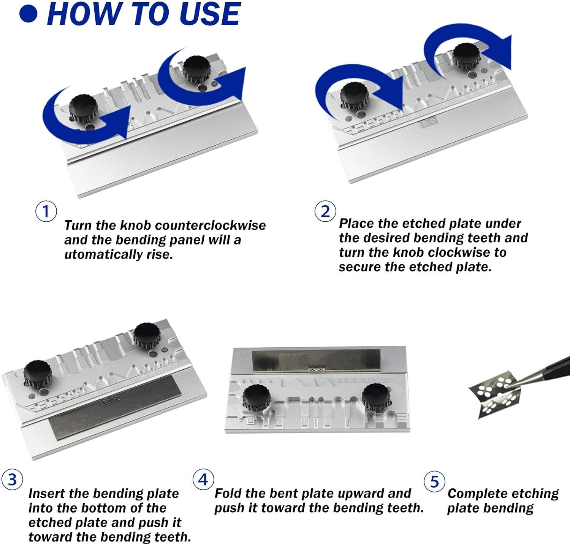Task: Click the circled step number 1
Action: [x=46, y=211]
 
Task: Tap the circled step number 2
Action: [x=325, y=211]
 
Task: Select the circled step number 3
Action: [x=12, y=480]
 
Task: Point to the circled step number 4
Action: [x=203, y=480]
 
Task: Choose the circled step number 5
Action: [x=434, y=481]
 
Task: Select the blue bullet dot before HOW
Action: [x=28, y=14]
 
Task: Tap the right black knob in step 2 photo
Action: [x=467, y=56]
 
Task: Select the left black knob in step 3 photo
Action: [x=38, y=374]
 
